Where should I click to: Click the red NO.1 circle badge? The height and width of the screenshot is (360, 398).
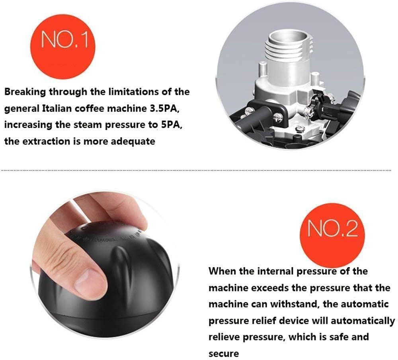63,46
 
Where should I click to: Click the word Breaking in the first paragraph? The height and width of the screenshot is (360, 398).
25,92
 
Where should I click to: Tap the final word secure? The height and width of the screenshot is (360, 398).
224,354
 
